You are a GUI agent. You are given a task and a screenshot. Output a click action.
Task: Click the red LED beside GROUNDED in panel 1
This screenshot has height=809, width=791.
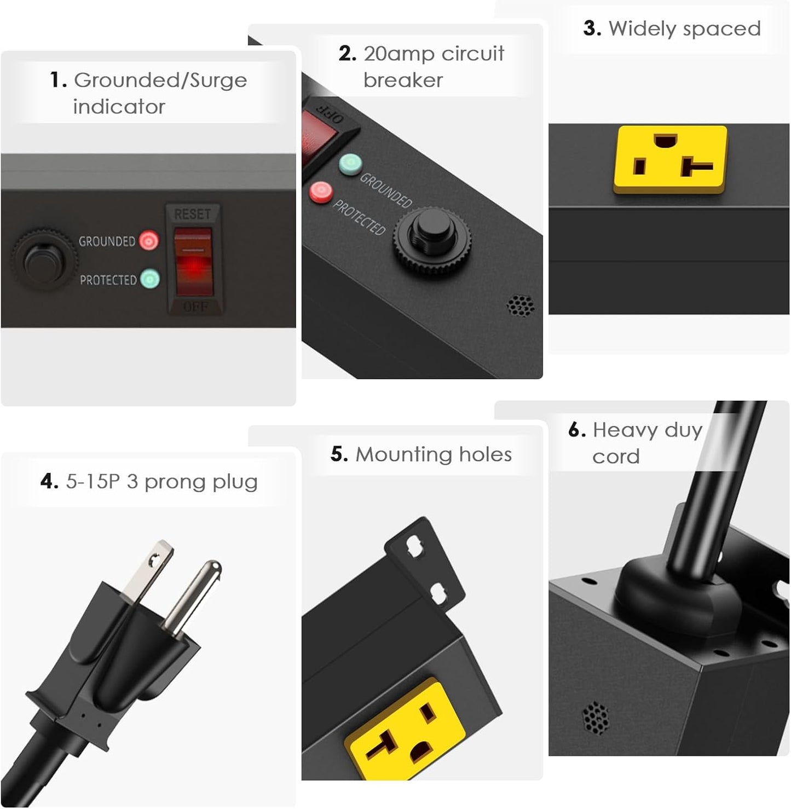(x=148, y=240)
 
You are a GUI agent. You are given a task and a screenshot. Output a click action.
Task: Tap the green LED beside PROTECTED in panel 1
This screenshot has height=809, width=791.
(x=149, y=279)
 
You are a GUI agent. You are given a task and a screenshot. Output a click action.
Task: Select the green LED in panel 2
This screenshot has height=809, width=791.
(x=350, y=164)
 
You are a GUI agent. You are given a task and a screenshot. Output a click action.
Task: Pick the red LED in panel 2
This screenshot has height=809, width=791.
(x=321, y=192)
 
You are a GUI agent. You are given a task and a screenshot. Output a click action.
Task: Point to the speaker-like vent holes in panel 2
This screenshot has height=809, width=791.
(x=521, y=306)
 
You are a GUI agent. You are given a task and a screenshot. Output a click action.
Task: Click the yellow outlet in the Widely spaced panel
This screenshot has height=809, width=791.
(x=671, y=159)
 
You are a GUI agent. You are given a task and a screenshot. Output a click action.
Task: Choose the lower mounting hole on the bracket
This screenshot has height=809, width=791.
(x=439, y=593)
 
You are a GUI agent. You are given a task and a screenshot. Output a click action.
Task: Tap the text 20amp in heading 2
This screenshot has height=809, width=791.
(x=399, y=54)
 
